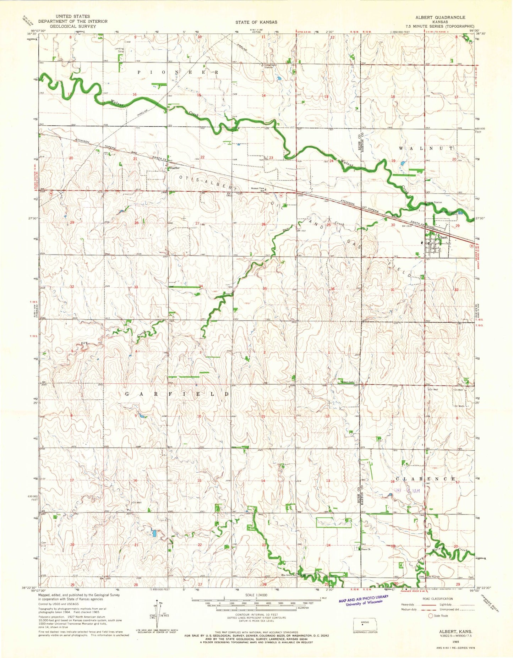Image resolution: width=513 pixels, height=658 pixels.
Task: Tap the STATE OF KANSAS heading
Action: pos(256,22)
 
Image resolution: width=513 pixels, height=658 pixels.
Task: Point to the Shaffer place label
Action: pos(174,168)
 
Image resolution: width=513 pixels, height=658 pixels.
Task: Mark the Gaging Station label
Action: pos(433,202)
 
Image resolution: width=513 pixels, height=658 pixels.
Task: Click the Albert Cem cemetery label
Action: pos(348,382)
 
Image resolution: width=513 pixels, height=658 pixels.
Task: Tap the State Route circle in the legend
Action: pos(431,615)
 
